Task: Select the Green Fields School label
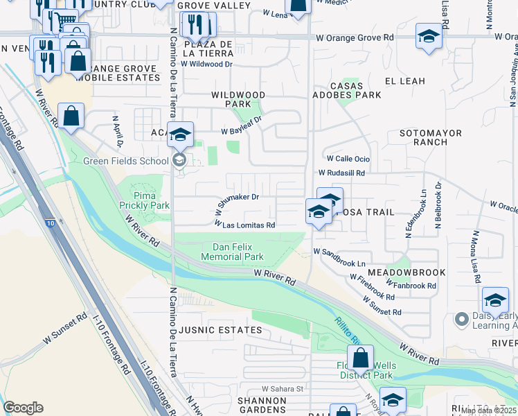coord(125,161)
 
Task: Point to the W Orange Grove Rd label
coord(354,37)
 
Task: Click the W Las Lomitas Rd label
coord(245,225)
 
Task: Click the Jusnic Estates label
coord(221,331)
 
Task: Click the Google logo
coord(23,408)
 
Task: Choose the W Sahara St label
coord(283,389)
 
